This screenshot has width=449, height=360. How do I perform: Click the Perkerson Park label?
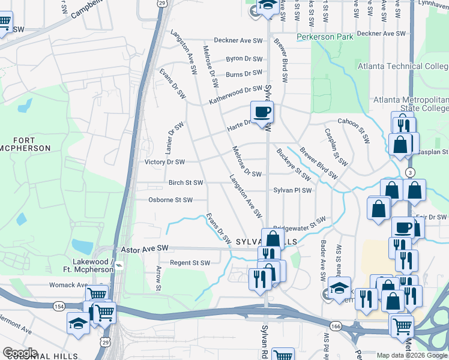point(325,37)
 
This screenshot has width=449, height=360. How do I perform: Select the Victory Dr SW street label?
point(164,162)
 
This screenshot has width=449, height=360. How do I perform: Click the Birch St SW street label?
point(185,182)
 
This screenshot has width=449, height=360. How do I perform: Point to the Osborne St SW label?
point(170,200)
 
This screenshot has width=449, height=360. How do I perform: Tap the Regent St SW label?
point(189,263)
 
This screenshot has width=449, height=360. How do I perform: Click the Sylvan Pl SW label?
point(292,190)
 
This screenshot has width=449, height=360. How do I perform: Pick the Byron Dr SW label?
point(244,59)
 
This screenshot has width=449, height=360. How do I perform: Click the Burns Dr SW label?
point(244,74)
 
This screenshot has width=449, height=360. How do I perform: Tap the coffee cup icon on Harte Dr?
point(262,112)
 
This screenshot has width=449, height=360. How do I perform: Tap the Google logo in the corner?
point(19,353)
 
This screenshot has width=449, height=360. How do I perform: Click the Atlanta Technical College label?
point(403,66)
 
